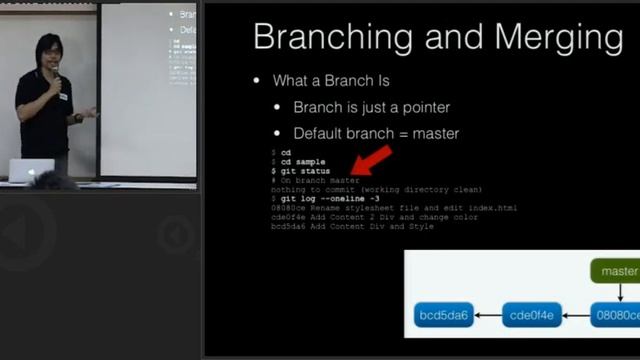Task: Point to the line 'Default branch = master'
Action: (x=376, y=133)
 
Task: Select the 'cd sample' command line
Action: (x=303, y=162)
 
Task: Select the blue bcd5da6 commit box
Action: (x=441, y=317)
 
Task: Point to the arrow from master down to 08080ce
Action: (x=620, y=292)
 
